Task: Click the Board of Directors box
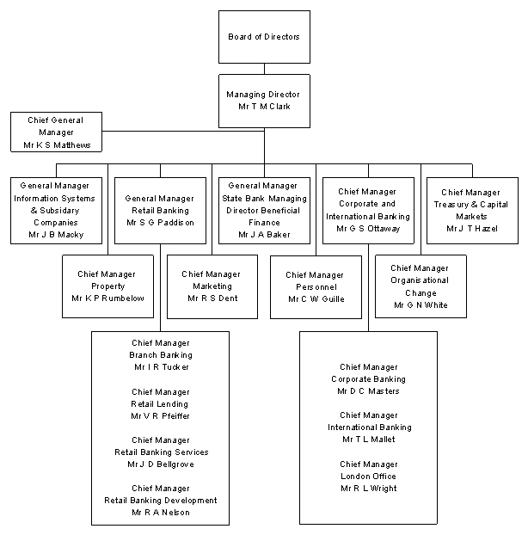coord(264,37)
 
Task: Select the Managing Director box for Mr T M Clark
coord(264,100)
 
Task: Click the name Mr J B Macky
coord(57,233)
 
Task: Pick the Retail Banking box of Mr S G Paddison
coord(160,210)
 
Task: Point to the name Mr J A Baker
coord(264,233)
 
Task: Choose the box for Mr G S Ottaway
coord(368,210)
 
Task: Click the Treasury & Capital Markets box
coord(472,210)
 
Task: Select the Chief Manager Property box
coord(108,286)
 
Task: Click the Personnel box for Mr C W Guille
coord(316,287)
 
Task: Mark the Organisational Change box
coord(421,286)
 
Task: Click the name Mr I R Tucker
coord(161,367)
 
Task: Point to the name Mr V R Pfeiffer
coord(160,415)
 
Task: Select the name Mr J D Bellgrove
coord(160,464)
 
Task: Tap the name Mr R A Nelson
coord(160,513)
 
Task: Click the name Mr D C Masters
coord(368,391)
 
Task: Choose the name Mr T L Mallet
coord(368,440)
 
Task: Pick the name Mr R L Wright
coord(368,489)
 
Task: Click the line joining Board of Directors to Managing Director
coord(264,69)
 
